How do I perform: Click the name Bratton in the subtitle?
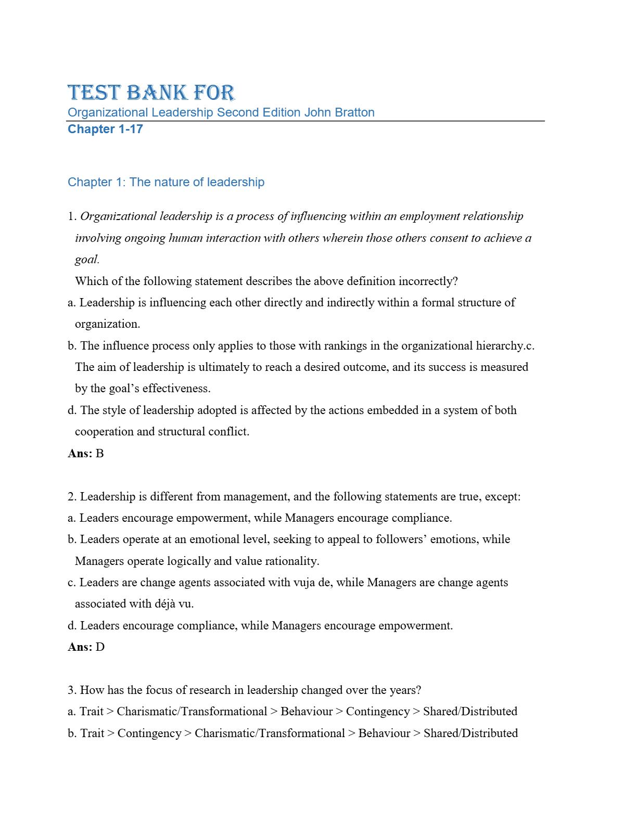[x=354, y=112]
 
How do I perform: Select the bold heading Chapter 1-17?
[x=105, y=129]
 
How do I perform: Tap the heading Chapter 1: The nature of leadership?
[x=166, y=182]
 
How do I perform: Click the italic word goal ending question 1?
[x=86, y=260]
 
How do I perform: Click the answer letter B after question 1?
[x=100, y=454]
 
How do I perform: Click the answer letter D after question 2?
[x=100, y=647]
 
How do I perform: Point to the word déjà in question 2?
[x=165, y=604]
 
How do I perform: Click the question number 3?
[x=72, y=690]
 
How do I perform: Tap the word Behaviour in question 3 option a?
[x=307, y=712]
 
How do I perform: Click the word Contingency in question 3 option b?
[x=149, y=733]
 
